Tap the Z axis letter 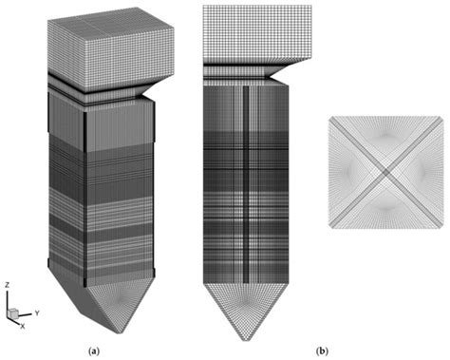[7, 284]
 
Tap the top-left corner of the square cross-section [328, 117]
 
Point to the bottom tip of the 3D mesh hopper [123, 332]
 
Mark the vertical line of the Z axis [8, 300]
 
